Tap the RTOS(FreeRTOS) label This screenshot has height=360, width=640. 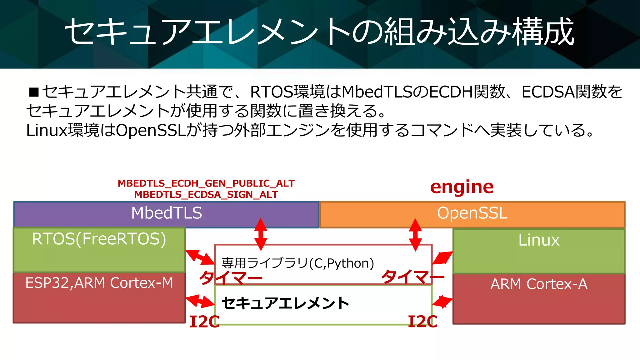[99, 239]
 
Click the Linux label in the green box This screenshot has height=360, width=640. [539, 240]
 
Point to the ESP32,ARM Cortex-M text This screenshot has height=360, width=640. [99, 283]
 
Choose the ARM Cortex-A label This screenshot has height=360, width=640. [539, 284]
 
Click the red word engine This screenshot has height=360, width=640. [462, 187]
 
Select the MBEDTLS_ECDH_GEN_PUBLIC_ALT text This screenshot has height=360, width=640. [206, 183]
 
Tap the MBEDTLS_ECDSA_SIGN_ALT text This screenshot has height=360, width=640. [206, 195]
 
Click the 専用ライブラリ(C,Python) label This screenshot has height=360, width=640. [298, 263]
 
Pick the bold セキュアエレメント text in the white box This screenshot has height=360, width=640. [285, 303]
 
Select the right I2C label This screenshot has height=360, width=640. [423, 322]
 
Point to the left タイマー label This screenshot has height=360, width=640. [231, 277]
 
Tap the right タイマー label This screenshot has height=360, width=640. [412, 277]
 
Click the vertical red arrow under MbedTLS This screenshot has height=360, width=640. [261, 234]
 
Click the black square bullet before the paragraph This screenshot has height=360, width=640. [33, 92]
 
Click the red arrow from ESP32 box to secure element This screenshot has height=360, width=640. [200, 301]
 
